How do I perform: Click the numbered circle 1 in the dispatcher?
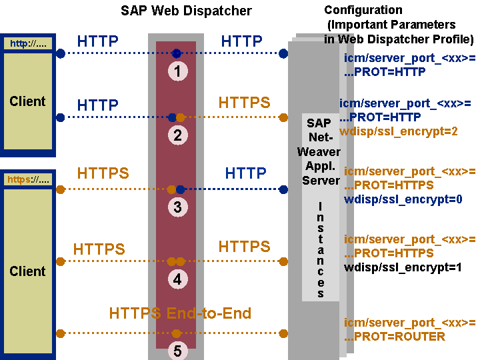177,71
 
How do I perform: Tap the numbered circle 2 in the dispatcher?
177,135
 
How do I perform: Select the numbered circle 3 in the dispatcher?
177,207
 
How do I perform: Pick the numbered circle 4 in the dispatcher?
177,279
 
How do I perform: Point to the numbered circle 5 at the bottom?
177,350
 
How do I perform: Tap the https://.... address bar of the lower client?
29,179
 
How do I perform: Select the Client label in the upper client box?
27,101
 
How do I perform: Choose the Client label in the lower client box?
27,271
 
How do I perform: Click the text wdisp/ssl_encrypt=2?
398,131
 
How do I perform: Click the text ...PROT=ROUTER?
394,337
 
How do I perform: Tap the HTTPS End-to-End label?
180,313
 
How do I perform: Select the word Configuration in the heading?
363,10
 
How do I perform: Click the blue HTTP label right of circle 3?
245,173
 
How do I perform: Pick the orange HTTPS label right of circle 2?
244,102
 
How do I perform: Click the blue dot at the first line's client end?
61,53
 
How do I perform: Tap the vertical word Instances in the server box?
321,247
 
